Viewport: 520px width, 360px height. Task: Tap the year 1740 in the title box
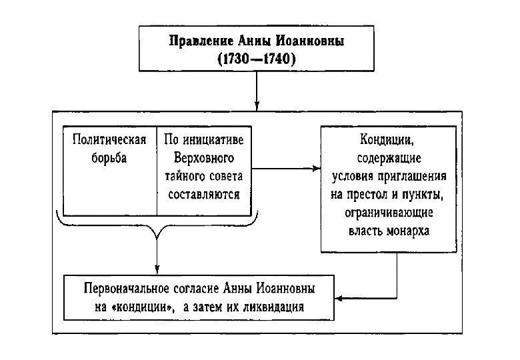[275, 59]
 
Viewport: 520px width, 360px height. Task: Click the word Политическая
[109, 142]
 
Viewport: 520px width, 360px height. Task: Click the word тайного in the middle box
[183, 177]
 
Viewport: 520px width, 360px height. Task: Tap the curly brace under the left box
[157, 227]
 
